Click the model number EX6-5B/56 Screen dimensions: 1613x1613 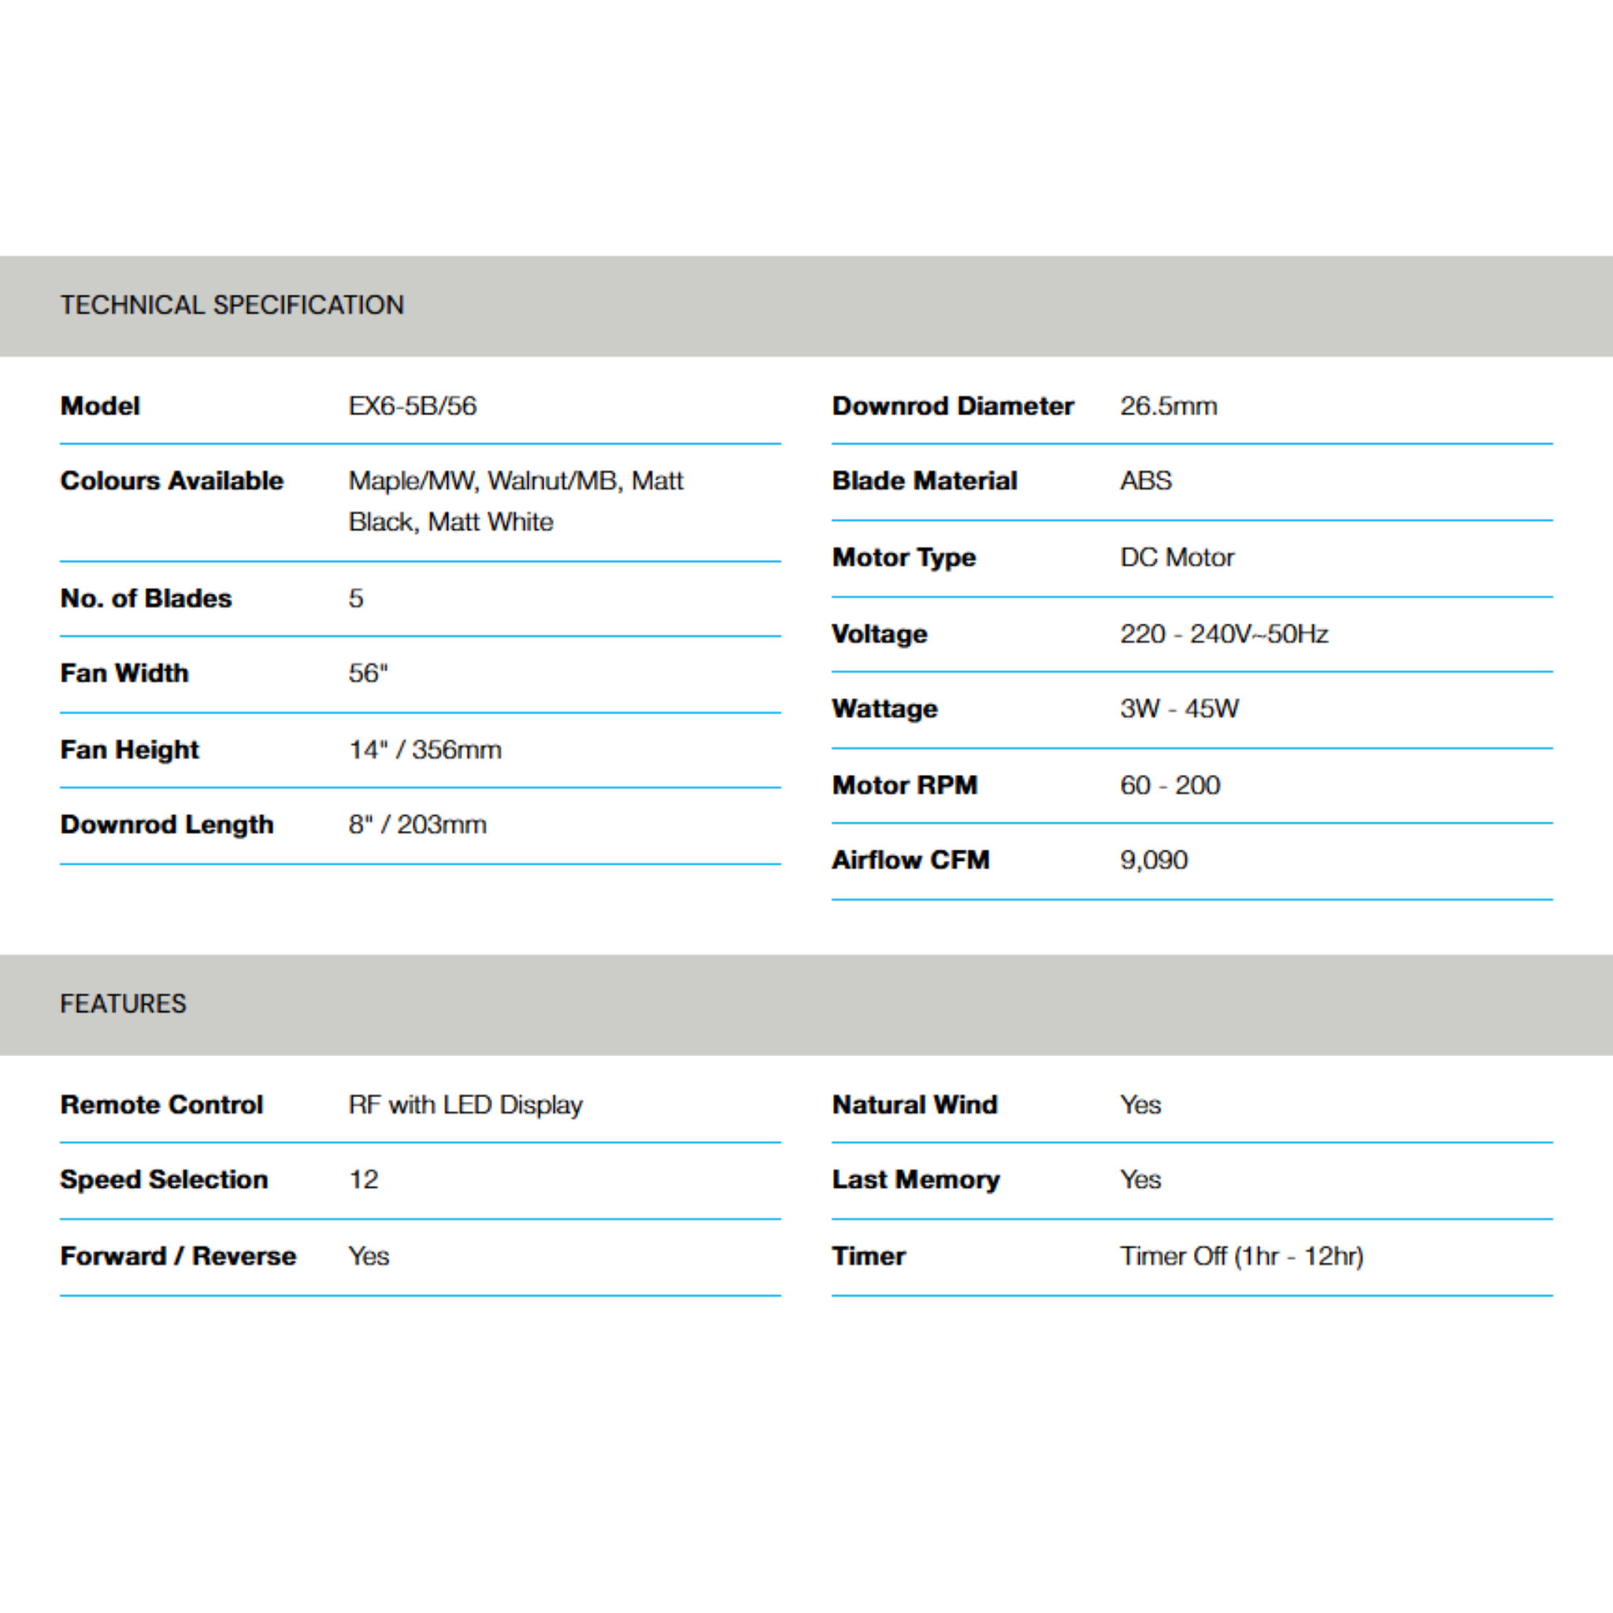click(413, 406)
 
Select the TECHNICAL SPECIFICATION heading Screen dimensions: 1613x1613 click(232, 306)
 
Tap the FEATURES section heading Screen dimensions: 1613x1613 click(124, 1003)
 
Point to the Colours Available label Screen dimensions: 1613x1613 click(172, 481)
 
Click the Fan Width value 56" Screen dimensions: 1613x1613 click(368, 673)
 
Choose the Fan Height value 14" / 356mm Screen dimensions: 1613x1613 click(425, 750)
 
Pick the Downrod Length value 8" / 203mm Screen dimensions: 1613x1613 click(417, 825)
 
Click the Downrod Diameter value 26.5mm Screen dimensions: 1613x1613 click(1169, 406)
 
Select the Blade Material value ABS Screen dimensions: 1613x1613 click(1146, 481)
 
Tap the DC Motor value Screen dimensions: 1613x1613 click(1177, 558)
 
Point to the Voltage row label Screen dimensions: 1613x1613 click(880, 635)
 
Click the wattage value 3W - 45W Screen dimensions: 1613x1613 click(1180, 709)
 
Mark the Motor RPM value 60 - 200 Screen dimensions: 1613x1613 click(1170, 785)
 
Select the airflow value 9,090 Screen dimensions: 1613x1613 click(1154, 860)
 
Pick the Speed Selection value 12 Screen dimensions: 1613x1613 click(364, 1180)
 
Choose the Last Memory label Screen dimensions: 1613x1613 click(916, 1180)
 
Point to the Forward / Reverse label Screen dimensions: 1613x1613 click(179, 1256)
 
